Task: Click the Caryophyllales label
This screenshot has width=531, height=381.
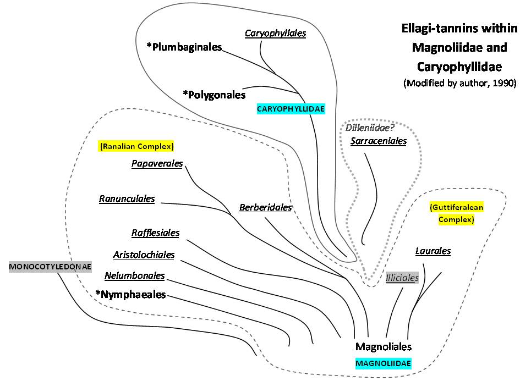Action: pos(275,33)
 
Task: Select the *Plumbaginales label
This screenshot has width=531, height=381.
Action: pos(184,47)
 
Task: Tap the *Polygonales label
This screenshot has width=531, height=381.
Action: pos(214,95)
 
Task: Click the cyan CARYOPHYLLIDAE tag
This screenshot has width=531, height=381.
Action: pos(291,109)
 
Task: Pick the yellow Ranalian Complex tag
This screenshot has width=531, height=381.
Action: pos(136,147)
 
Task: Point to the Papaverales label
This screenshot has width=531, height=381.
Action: pos(157,164)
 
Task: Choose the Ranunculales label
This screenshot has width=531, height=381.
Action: pos(127,198)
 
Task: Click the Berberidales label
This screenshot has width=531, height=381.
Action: pos(265,208)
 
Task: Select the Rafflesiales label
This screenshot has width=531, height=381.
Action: pos(155,233)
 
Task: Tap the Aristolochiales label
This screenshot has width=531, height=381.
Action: pos(144,255)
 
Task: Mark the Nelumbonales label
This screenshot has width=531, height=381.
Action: pos(134,275)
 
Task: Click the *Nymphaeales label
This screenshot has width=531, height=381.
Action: pos(130,295)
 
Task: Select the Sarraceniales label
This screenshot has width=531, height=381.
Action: pos(379,141)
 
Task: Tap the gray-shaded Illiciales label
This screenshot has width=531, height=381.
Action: pos(402,278)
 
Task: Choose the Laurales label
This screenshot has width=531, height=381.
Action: pos(433,251)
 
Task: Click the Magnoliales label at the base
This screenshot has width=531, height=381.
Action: pos(384,346)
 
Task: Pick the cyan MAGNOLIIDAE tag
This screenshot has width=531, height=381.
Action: pos(384,363)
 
